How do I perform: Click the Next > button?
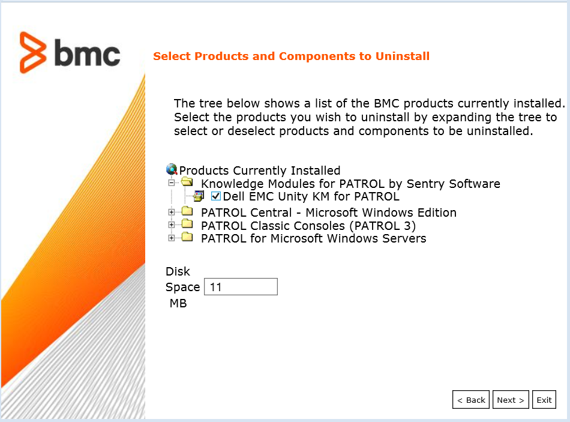coord(510,400)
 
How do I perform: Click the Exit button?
coord(544,400)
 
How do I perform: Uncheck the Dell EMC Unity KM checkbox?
coord(216,196)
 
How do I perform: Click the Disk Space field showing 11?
coord(241,287)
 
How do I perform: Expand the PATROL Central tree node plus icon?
coord(172,212)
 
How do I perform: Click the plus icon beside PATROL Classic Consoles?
coord(172,225)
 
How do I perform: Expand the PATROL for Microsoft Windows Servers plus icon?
coord(172,238)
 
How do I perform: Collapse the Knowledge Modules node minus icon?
coord(172,182)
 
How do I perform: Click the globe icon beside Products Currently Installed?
coord(172,170)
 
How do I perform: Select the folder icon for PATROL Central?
coord(187,212)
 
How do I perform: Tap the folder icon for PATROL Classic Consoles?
coord(187,225)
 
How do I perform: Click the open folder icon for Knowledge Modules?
coord(187,182)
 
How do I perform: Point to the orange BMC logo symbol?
coord(32,53)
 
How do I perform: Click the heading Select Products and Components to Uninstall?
coord(291,56)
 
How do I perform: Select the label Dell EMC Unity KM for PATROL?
coord(311,196)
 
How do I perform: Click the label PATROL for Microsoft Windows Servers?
coord(313,238)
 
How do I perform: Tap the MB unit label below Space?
coord(178,304)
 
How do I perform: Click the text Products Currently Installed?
coord(260,170)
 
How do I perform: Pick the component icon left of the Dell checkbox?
coord(199,196)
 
